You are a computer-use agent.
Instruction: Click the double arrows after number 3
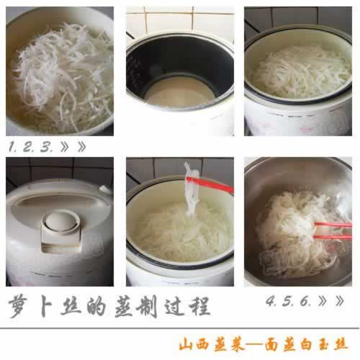pyautogui.click(x=75, y=147)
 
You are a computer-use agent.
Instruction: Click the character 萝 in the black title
pyautogui.click(x=22, y=306)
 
